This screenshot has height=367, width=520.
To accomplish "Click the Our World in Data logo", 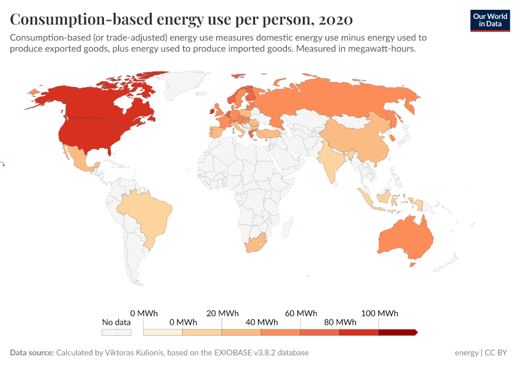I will point(489,20).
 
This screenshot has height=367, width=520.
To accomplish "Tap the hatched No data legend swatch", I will point(116,332).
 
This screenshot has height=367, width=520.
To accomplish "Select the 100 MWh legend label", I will point(379,313).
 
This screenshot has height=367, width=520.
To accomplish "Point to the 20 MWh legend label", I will point(222,313).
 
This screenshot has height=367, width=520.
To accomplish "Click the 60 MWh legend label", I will point(300,313).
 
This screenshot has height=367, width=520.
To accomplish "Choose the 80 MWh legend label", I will point(340,322).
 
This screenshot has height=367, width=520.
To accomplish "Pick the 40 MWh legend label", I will point(261,322).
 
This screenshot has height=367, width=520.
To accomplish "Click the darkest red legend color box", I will point(398,332).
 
